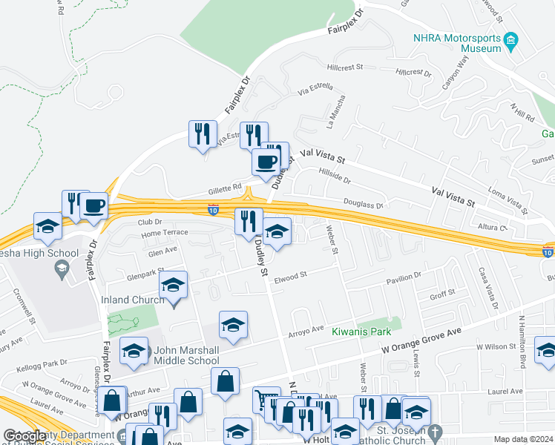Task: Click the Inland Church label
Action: coord(128,300)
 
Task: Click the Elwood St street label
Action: coord(291,275)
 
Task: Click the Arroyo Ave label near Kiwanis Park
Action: coord(307,329)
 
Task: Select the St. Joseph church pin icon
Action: coord(441,431)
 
